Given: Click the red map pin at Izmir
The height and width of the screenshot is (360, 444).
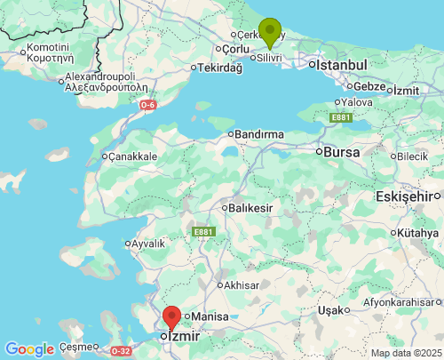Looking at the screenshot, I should tap(171, 317).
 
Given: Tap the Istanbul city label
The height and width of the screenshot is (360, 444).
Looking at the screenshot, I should tap(337, 65).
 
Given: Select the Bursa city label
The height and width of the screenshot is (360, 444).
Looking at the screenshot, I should tap(341, 152).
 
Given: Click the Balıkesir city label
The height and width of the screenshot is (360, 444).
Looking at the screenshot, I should tap(251, 207).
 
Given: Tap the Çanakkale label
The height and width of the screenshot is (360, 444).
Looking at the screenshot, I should tap(133, 156).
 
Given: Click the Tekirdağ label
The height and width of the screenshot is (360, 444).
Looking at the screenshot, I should tap(220, 68).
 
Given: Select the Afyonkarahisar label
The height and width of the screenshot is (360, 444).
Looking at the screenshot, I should tap(408, 302).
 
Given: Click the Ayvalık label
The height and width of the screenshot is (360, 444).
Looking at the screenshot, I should tap(149, 243).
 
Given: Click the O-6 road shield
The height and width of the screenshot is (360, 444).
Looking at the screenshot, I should tap(149, 105).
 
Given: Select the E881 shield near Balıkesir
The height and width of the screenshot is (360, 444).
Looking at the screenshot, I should tap(203, 232).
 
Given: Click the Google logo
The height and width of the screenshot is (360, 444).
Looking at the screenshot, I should tap(29, 349).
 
